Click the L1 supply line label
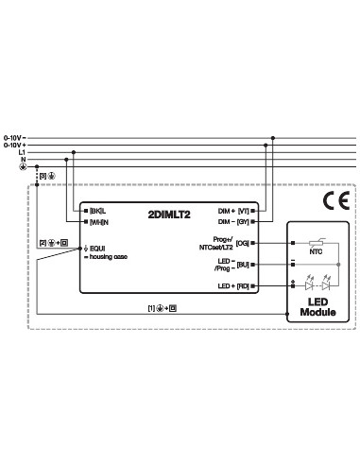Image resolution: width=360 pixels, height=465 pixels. (x=21, y=153)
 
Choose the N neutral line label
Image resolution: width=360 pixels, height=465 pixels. (x=23, y=161)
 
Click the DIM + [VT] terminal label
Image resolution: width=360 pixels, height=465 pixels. (x=232, y=209)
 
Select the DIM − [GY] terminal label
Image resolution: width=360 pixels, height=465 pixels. (x=232, y=222)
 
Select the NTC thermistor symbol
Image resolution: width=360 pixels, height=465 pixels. (x=316, y=243)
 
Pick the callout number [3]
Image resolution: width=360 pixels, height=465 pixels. (x=43, y=176)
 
